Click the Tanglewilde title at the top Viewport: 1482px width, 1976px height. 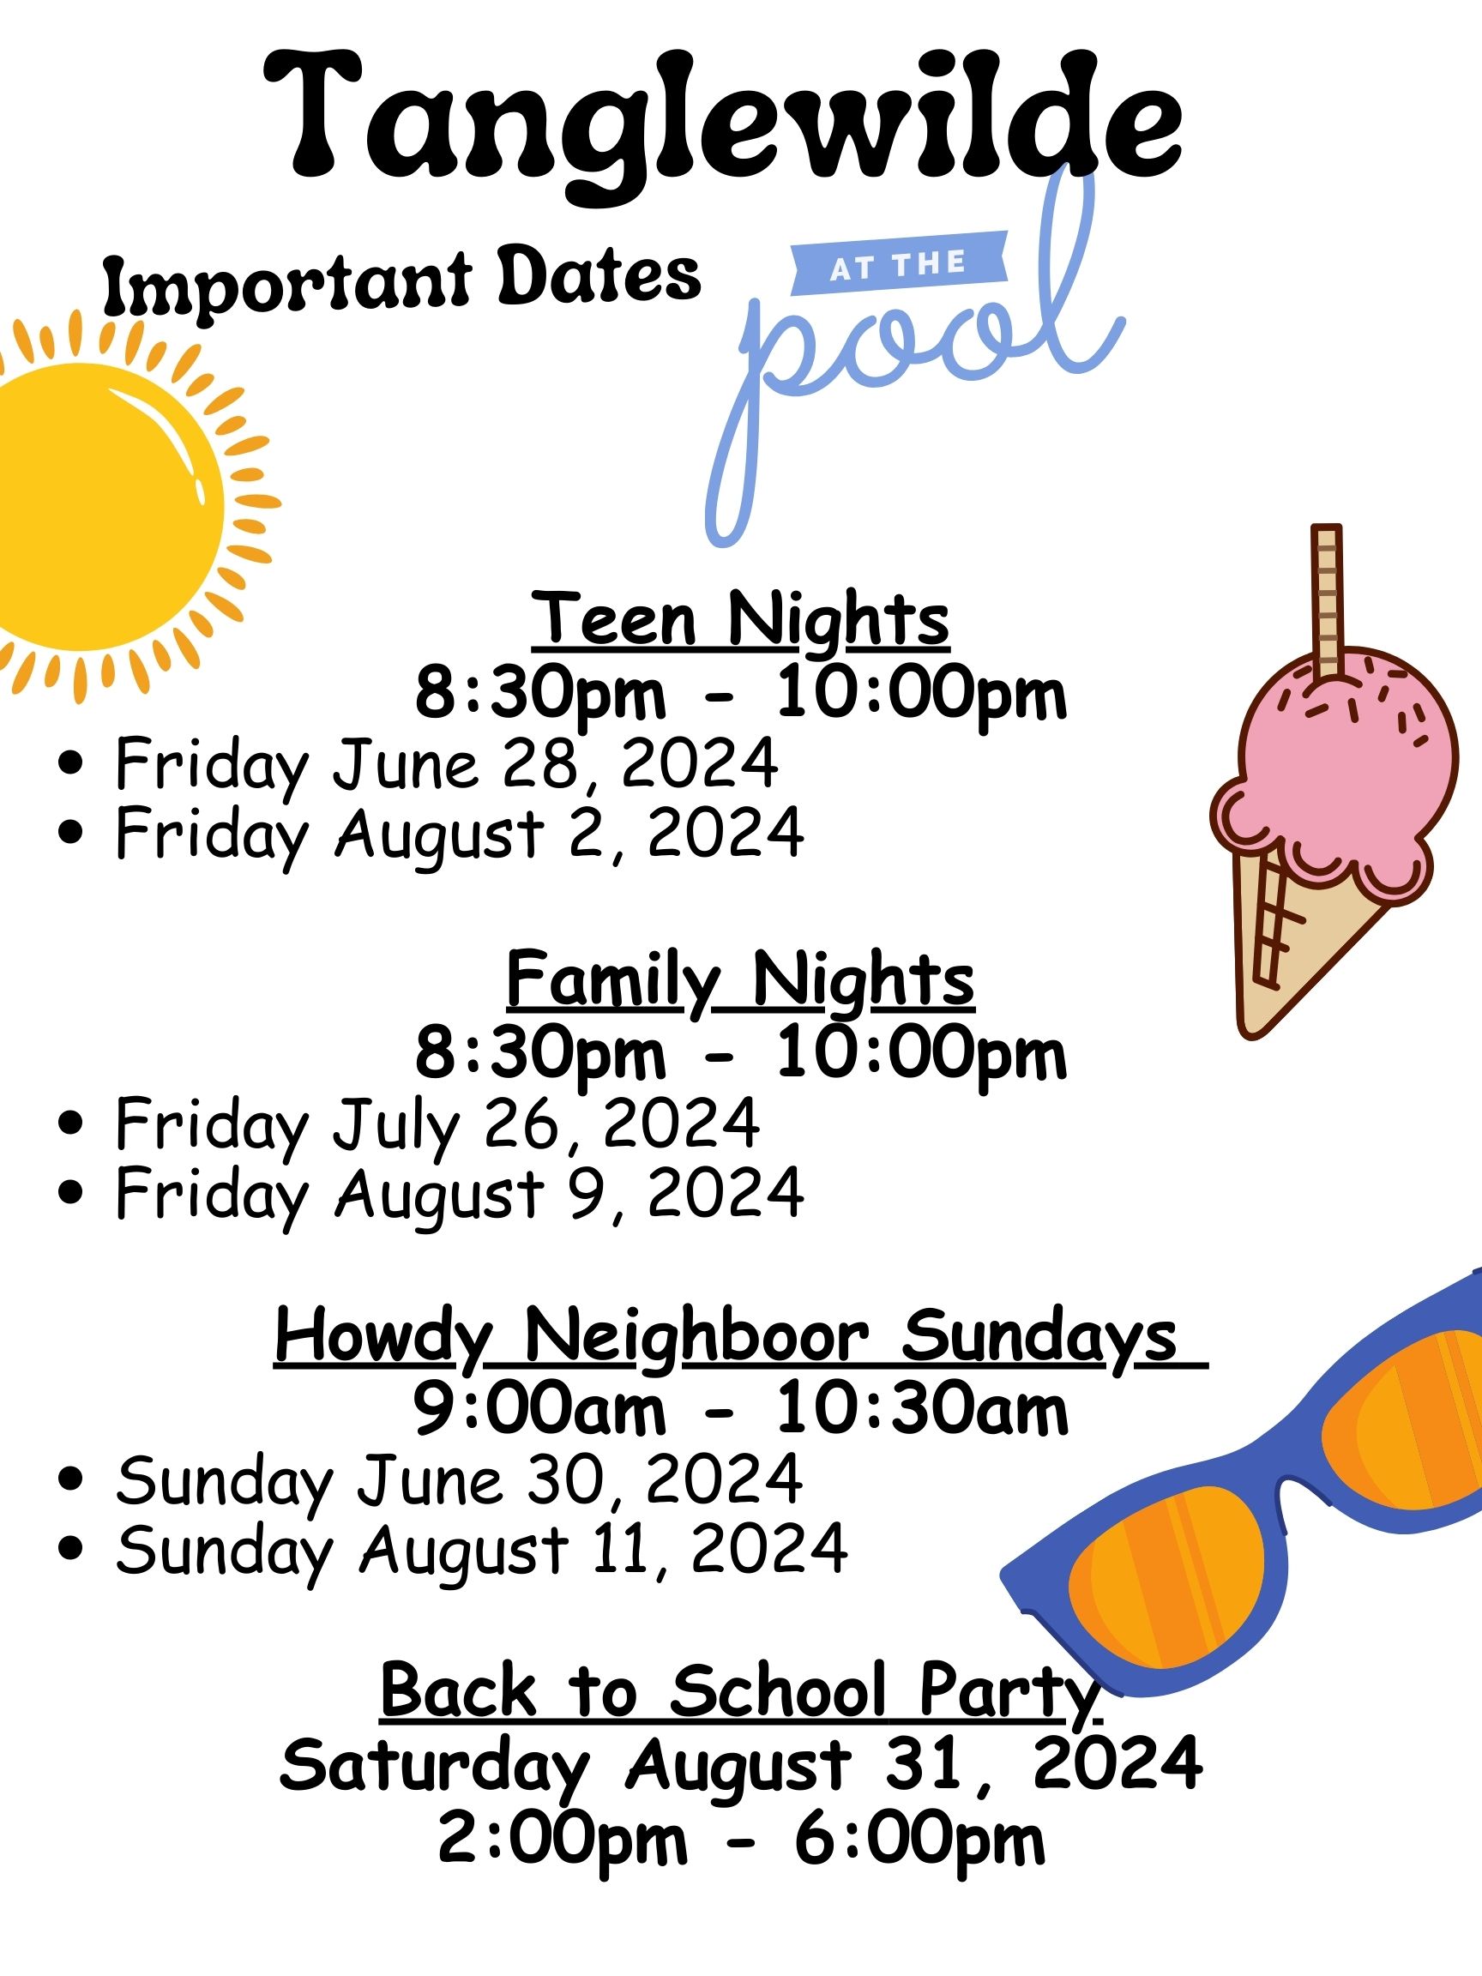pyautogui.click(x=724, y=125)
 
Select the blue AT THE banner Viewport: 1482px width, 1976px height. pyautogui.click(x=899, y=263)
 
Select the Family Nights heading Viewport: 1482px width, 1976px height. pyautogui.click(x=740, y=981)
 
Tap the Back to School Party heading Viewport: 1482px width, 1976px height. pyautogui.click(x=740, y=1692)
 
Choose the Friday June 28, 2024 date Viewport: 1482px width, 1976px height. pyautogui.click(x=447, y=765)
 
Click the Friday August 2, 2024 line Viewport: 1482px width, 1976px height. pyautogui.click(x=459, y=834)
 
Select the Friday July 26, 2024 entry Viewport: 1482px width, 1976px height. pyautogui.click(x=437, y=1125)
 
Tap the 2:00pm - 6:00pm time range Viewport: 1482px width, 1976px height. pyautogui.click(x=740, y=1840)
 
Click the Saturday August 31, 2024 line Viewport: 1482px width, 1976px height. pyautogui.click(x=740, y=1765)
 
